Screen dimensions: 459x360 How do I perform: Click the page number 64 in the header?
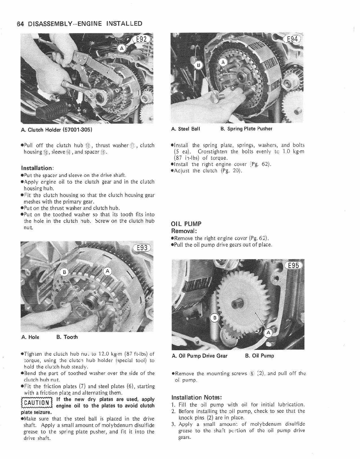click(20, 24)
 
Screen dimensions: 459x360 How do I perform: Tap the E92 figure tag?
click(141, 39)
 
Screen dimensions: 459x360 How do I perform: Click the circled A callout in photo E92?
click(122, 49)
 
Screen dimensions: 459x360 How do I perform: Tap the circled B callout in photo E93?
click(65, 272)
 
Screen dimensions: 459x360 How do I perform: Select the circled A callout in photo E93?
click(108, 271)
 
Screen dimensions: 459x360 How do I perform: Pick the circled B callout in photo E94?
click(199, 65)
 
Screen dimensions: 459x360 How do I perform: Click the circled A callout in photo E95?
click(269, 333)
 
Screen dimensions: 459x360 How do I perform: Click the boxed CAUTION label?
click(37, 403)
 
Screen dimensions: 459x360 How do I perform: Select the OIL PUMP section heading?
click(186, 224)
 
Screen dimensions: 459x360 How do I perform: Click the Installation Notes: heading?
click(196, 398)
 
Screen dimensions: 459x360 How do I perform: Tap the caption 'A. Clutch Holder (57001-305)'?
click(57, 130)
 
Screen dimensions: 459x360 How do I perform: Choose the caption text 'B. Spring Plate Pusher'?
click(246, 129)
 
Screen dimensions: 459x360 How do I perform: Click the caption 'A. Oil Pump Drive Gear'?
click(200, 356)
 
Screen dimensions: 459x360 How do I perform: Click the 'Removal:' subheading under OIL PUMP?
click(184, 231)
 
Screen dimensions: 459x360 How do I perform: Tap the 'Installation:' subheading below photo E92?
click(37, 168)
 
